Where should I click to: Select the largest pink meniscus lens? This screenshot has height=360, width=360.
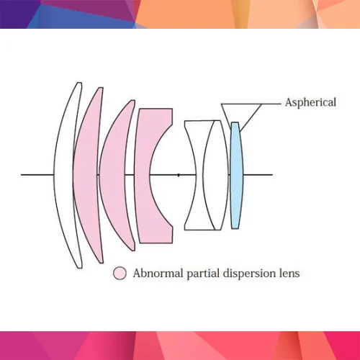(x=86, y=175)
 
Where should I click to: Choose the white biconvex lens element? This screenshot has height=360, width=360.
(x=215, y=175)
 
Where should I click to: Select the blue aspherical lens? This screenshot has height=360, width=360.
(x=237, y=175)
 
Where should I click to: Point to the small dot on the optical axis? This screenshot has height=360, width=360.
(x=179, y=175)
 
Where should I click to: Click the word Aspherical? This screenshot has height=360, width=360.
(x=310, y=103)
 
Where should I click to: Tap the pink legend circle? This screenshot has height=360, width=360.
(x=120, y=273)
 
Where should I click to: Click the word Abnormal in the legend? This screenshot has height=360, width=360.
(x=158, y=273)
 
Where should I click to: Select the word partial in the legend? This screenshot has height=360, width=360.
(x=203, y=274)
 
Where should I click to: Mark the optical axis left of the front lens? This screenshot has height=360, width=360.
(x=37, y=175)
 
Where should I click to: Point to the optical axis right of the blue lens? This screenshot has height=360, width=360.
(x=258, y=175)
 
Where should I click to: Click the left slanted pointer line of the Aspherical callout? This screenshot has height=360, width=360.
(x=226, y=116)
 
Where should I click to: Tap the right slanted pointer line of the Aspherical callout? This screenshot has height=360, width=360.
(x=251, y=117)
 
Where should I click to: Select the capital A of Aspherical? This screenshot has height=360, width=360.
(x=289, y=102)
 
